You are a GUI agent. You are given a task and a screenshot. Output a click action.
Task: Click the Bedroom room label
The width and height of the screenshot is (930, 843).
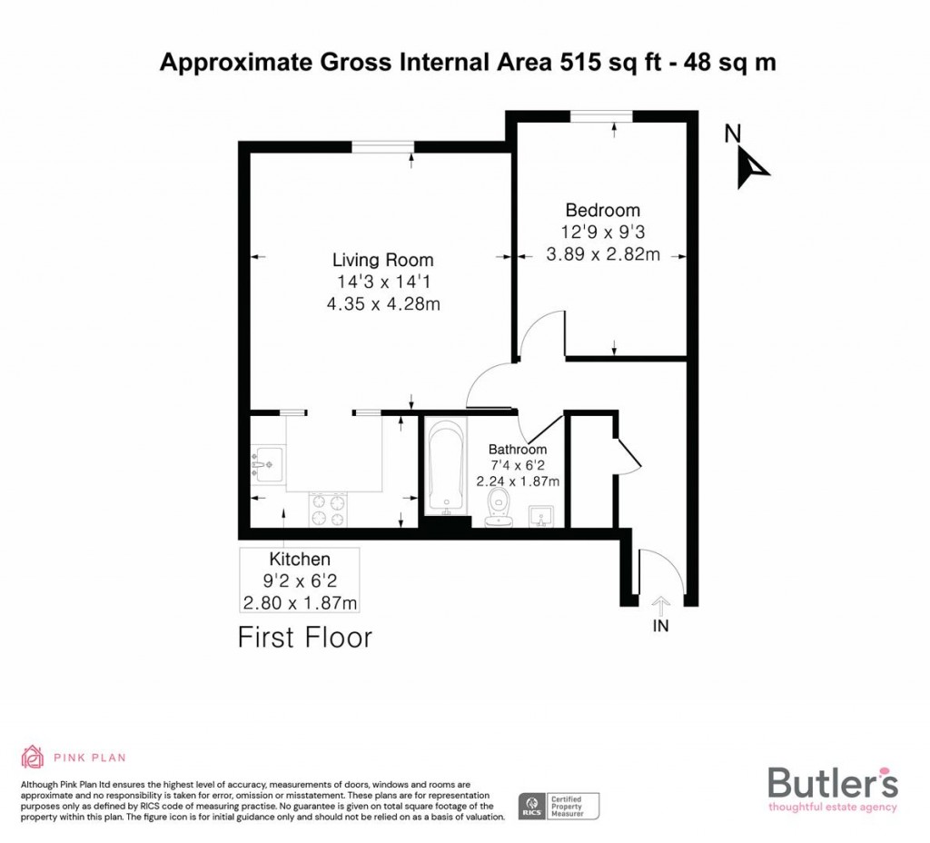tap(602, 210)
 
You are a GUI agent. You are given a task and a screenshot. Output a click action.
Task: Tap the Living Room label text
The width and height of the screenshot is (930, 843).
tap(382, 260)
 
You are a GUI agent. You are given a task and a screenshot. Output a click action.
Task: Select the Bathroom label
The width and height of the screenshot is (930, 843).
tap(518, 449)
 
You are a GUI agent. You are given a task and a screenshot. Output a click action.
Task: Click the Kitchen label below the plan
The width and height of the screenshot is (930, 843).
tap(299, 559)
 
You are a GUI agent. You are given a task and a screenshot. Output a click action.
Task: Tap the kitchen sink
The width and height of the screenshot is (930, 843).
tap(267, 463)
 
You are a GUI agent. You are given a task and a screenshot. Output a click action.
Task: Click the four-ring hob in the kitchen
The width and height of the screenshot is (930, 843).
tap(329, 509)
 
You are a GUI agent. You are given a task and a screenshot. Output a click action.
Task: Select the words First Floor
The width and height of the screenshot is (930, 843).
tap(305, 638)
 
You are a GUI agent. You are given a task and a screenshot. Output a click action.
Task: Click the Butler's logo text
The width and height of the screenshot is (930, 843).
tap(833, 782)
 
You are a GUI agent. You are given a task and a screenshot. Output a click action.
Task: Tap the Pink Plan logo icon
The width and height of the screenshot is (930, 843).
tap(33, 756)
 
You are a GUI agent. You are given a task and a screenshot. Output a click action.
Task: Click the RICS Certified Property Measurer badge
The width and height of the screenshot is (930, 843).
tap(560, 805)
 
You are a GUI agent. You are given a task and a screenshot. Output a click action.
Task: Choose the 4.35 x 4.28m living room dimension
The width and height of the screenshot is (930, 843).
tap(382, 304)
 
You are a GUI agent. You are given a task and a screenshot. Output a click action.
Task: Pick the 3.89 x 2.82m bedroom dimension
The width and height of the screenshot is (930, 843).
tap(602, 254)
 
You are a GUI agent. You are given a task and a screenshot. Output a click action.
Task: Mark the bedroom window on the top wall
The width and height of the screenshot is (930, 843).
tap(601, 115)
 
